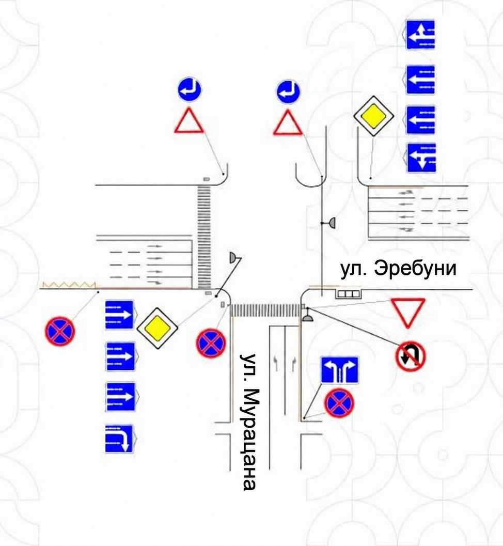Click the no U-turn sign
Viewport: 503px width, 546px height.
pos(411,355)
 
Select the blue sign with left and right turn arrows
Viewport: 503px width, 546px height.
pos(339,370)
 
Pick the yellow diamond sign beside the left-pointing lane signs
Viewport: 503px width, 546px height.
pos(373,116)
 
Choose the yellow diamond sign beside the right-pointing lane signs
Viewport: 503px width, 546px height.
pos(158,328)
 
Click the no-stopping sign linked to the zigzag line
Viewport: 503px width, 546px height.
pos(60,331)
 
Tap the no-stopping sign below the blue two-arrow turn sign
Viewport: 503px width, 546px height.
pos(339,403)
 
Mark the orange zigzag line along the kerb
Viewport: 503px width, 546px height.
pos(69,285)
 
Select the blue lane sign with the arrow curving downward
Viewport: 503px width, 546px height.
pos(119,439)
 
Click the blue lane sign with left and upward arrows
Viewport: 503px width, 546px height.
pos(420,35)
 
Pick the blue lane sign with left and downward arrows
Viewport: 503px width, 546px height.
pos(421,158)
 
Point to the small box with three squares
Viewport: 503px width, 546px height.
pos(348,294)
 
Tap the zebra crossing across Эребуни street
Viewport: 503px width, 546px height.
pos(204,237)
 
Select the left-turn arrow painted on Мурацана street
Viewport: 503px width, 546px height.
pos(276,363)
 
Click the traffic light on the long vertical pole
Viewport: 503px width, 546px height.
pos(332,223)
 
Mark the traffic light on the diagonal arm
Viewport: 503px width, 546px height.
pos(232,258)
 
